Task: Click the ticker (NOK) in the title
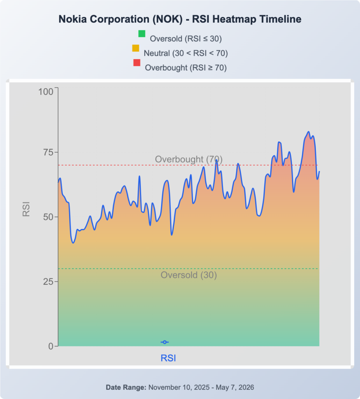click(x=167, y=19)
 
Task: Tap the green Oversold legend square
click(x=142, y=34)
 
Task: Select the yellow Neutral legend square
click(x=136, y=48)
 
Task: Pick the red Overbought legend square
click(x=137, y=63)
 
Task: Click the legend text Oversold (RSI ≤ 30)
click(x=186, y=39)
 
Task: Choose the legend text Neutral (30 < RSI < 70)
click(x=186, y=53)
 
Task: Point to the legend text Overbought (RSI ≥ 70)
click(x=186, y=68)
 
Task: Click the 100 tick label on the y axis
click(x=46, y=92)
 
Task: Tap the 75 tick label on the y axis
click(x=48, y=152)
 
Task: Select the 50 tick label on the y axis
click(x=48, y=217)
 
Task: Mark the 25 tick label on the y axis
click(x=48, y=282)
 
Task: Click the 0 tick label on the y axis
click(x=51, y=346)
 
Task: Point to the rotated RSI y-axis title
click(x=26, y=209)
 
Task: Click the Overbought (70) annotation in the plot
click(x=189, y=159)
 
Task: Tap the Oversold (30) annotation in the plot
click(x=189, y=275)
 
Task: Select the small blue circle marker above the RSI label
click(x=165, y=342)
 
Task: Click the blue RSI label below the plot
click(x=168, y=358)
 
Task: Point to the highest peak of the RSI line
click(x=309, y=132)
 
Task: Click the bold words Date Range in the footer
click(x=126, y=387)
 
